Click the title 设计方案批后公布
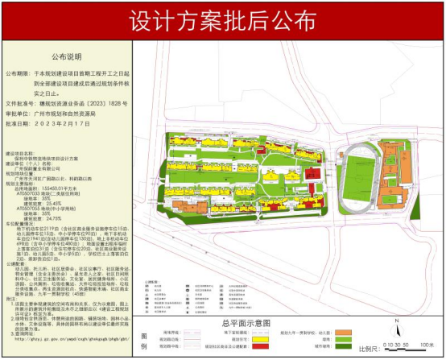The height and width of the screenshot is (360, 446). coord(223,19)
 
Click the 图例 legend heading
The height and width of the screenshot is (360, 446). coord(146,339)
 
